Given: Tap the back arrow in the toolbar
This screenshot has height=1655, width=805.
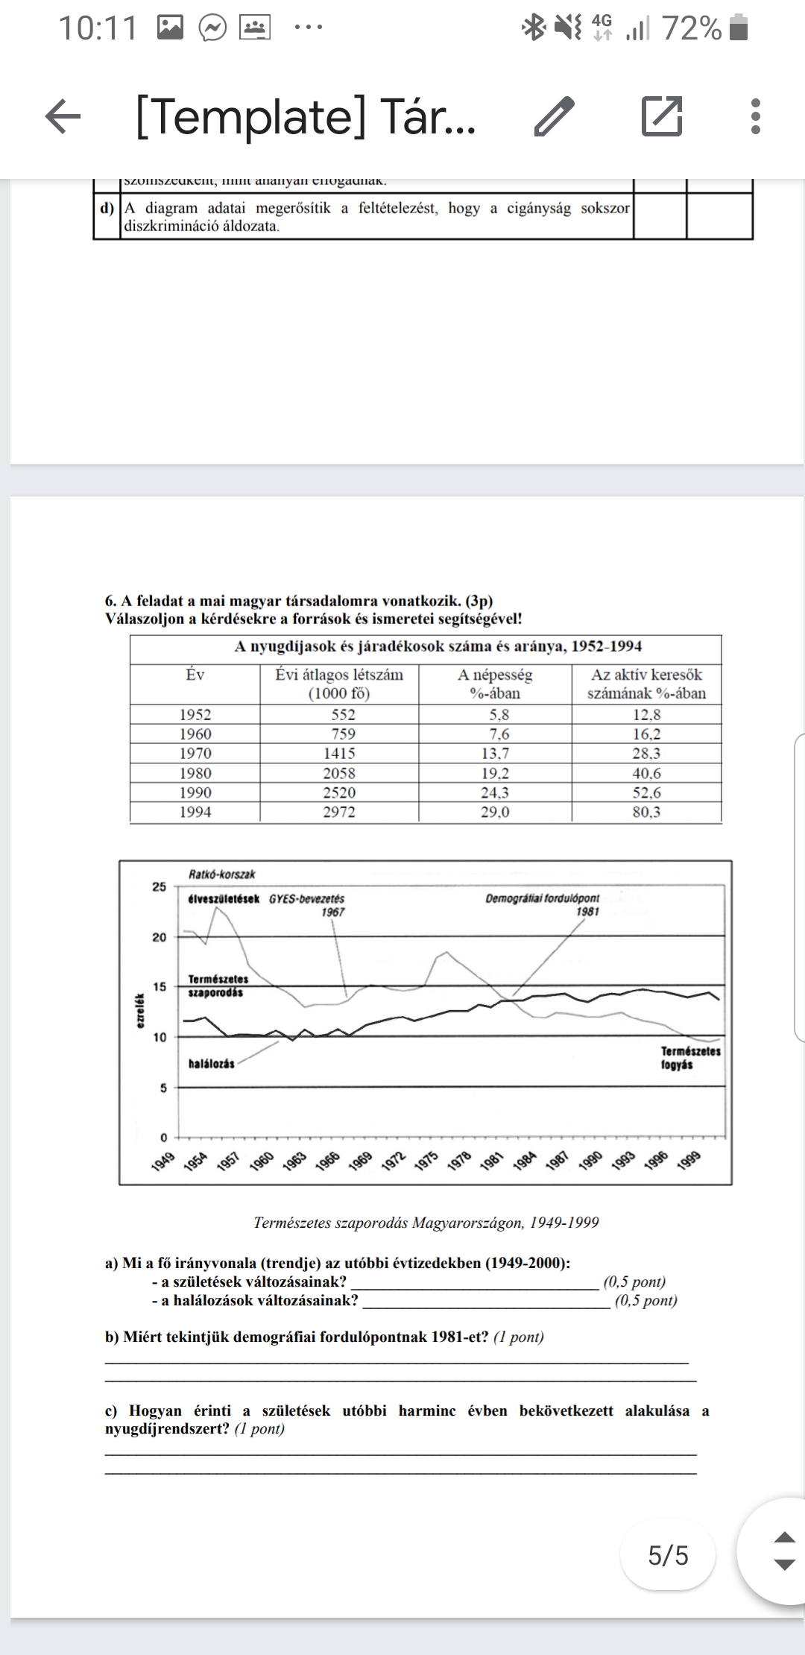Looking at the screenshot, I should (63, 116).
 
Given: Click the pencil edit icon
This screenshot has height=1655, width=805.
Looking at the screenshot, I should (555, 117).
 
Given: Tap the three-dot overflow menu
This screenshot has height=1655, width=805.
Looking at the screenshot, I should (756, 117).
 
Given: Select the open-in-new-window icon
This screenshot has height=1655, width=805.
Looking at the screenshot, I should (662, 117).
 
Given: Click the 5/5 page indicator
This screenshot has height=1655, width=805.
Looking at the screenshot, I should (668, 1555).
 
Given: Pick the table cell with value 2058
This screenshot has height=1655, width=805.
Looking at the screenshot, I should (339, 773).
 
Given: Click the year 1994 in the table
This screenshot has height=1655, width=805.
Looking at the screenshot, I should (195, 812).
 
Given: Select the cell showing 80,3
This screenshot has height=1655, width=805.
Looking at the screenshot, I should (646, 812).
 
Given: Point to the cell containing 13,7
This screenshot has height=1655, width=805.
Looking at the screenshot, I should (495, 754).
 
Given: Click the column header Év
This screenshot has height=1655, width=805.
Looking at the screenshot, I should (195, 675).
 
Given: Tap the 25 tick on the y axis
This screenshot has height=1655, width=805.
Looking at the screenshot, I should (160, 886).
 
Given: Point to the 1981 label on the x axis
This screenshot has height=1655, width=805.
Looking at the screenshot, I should (490, 1161).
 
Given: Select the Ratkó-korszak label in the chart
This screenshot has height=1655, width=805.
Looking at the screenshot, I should (222, 874).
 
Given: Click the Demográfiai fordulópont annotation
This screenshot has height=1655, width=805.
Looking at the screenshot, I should (543, 899).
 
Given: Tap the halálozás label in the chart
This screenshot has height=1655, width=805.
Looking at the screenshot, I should (212, 1064).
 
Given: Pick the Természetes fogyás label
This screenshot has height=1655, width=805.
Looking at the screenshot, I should (690, 1057).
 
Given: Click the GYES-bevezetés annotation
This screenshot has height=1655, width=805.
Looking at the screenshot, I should (307, 899).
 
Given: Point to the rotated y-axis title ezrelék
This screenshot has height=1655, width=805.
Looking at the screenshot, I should (139, 1012).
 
